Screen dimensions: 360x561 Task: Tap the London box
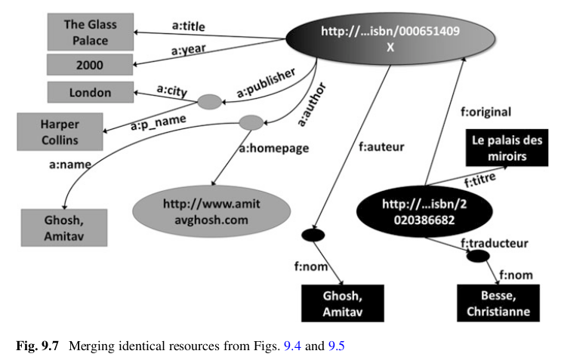pyautogui.click(x=90, y=93)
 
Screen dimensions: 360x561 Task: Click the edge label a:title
pyautogui.click(x=189, y=27)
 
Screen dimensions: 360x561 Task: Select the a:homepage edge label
pyautogui.click(x=274, y=149)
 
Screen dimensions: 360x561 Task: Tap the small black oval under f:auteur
pyautogui.click(x=312, y=235)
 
